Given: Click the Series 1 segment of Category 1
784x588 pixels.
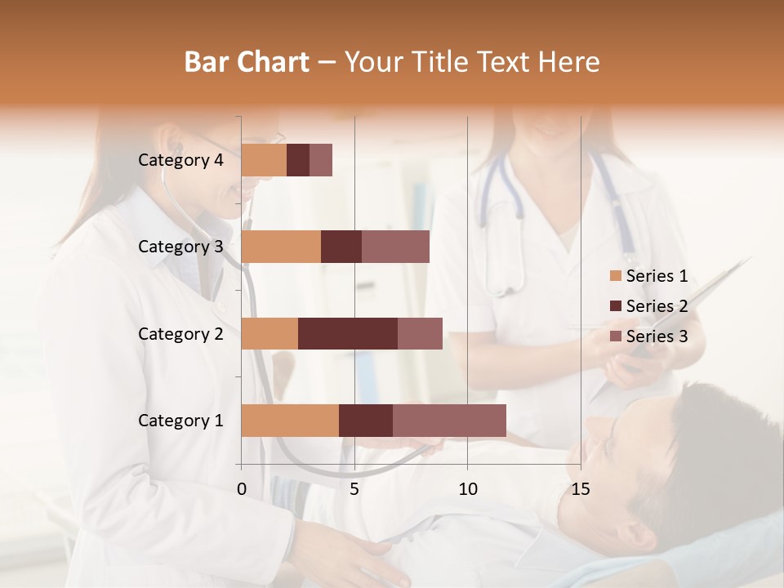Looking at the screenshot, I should (290, 421).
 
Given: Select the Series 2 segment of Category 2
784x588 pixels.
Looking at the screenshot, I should (348, 333).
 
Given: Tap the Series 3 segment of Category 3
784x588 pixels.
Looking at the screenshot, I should (395, 247).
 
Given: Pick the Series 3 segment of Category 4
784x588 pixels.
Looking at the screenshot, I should (321, 160).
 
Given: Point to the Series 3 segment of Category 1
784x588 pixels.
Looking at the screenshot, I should (449, 421).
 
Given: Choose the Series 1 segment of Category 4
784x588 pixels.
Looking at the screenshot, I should (264, 160).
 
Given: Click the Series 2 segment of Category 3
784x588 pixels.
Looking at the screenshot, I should (341, 247).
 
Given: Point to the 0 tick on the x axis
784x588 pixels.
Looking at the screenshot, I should (242, 489).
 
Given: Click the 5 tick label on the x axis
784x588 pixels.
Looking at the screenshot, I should (354, 489).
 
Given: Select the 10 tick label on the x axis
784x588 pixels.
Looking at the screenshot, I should (467, 489).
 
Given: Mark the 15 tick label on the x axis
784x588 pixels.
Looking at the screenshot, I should (581, 489).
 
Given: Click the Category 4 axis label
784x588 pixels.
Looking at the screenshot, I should (180, 160).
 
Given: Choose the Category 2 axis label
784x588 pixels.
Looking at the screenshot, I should (180, 333).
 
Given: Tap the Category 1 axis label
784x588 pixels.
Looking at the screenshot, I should (180, 421).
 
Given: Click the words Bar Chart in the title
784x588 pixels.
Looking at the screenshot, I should (247, 62).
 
